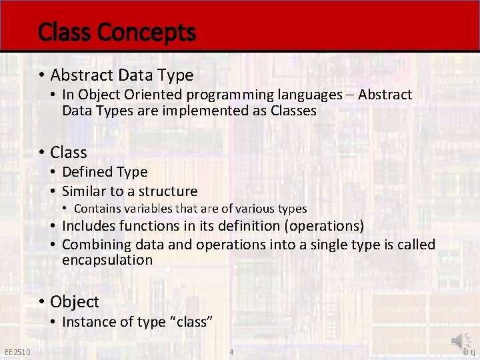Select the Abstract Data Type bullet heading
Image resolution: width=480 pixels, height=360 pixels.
click(121, 75)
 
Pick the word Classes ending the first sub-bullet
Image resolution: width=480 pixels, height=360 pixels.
click(293, 111)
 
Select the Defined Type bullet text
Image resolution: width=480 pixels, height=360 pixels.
click(105, 172)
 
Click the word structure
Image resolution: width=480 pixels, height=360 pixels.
click(166, 191)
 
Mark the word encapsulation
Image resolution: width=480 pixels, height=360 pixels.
click(107, 260)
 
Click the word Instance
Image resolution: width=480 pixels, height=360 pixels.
click(87, 322)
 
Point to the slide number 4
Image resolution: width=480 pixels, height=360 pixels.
click(231, 352)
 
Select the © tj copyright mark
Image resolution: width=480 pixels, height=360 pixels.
click(469, 353)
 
